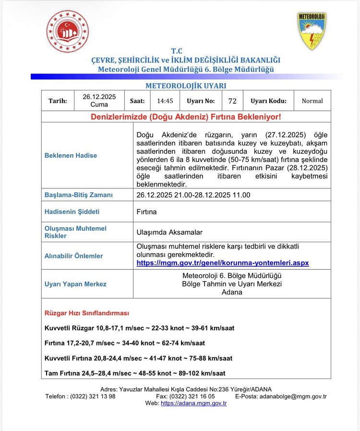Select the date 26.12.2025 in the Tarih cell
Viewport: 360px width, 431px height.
(99, 97)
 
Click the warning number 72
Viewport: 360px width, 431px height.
(232, 101)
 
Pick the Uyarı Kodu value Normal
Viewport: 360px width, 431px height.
(312, 101)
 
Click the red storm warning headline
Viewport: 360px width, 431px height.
(186, 117)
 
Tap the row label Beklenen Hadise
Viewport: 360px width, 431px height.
(71, 155)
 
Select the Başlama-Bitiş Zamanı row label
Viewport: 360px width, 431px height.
(78, 195)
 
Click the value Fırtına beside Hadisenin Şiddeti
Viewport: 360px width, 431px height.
(147, 211)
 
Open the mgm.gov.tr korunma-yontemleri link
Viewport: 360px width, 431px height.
(223, 263)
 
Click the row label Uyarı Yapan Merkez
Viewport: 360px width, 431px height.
(75, 284)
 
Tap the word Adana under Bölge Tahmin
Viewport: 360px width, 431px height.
(232, 292)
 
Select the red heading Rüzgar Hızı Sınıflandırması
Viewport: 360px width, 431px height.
(87, 313)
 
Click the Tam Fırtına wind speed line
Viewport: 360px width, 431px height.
(134, 373)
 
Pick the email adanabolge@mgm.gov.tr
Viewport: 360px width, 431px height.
(293, 396)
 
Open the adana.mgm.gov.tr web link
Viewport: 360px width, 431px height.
(193, 404)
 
